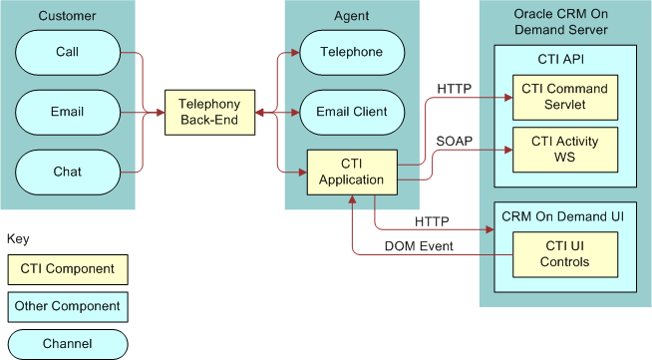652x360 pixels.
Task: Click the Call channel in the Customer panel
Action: pyautogui.click(x=69, y=52)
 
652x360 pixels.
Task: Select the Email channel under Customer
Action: pyautogui.click(x=69, y=112)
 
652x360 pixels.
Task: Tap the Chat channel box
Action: pyautogui.click(x=69, y=172)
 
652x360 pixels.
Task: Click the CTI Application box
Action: pyautogui.click(x=351, y=172)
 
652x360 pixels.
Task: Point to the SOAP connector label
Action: pyautogui.click(x=454, y=140)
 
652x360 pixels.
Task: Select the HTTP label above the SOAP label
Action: pyautogui.click(x=454, y=89)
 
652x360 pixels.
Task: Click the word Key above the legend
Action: pyautogui.click(x=18, y=239)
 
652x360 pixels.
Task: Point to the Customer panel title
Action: pyautogui.click(x=69, y=15)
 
